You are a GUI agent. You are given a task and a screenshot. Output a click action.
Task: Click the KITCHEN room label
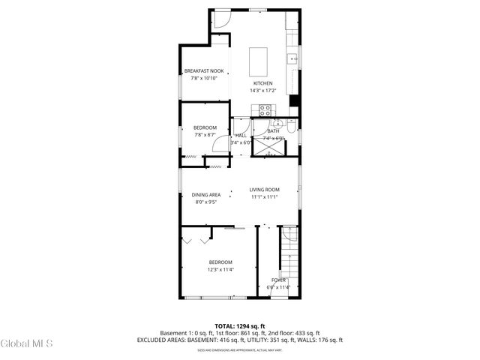tap(262, 83)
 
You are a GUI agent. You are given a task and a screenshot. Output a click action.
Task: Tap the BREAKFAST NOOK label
tap(204, 71)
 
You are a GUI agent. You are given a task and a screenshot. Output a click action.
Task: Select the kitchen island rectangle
tap(258, 58)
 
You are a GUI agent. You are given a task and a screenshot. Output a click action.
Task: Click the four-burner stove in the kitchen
tap(265, 110)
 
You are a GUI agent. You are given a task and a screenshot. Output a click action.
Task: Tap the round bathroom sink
tap(276, 124)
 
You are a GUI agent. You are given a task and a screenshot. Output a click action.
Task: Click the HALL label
tap(241, 136)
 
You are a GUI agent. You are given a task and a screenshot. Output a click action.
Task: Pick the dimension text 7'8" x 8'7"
tap(205, 135)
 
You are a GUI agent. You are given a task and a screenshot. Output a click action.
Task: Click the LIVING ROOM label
tap(265, 190)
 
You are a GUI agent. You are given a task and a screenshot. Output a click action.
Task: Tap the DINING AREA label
tap(205, 195)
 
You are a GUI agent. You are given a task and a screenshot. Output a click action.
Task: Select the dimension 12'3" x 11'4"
tap(221, 269)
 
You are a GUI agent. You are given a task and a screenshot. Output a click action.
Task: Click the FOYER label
tap(278, 280)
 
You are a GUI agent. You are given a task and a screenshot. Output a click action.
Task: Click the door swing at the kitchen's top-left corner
tap(222, 20)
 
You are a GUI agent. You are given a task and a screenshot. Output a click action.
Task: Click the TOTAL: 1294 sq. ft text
tap(239, 326)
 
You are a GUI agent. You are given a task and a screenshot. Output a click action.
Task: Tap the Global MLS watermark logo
tap(27, 344)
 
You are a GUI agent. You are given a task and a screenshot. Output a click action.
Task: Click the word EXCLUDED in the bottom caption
tap(153, 340)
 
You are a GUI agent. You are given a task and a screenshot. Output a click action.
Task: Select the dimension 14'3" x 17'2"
tap(262, 90)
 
